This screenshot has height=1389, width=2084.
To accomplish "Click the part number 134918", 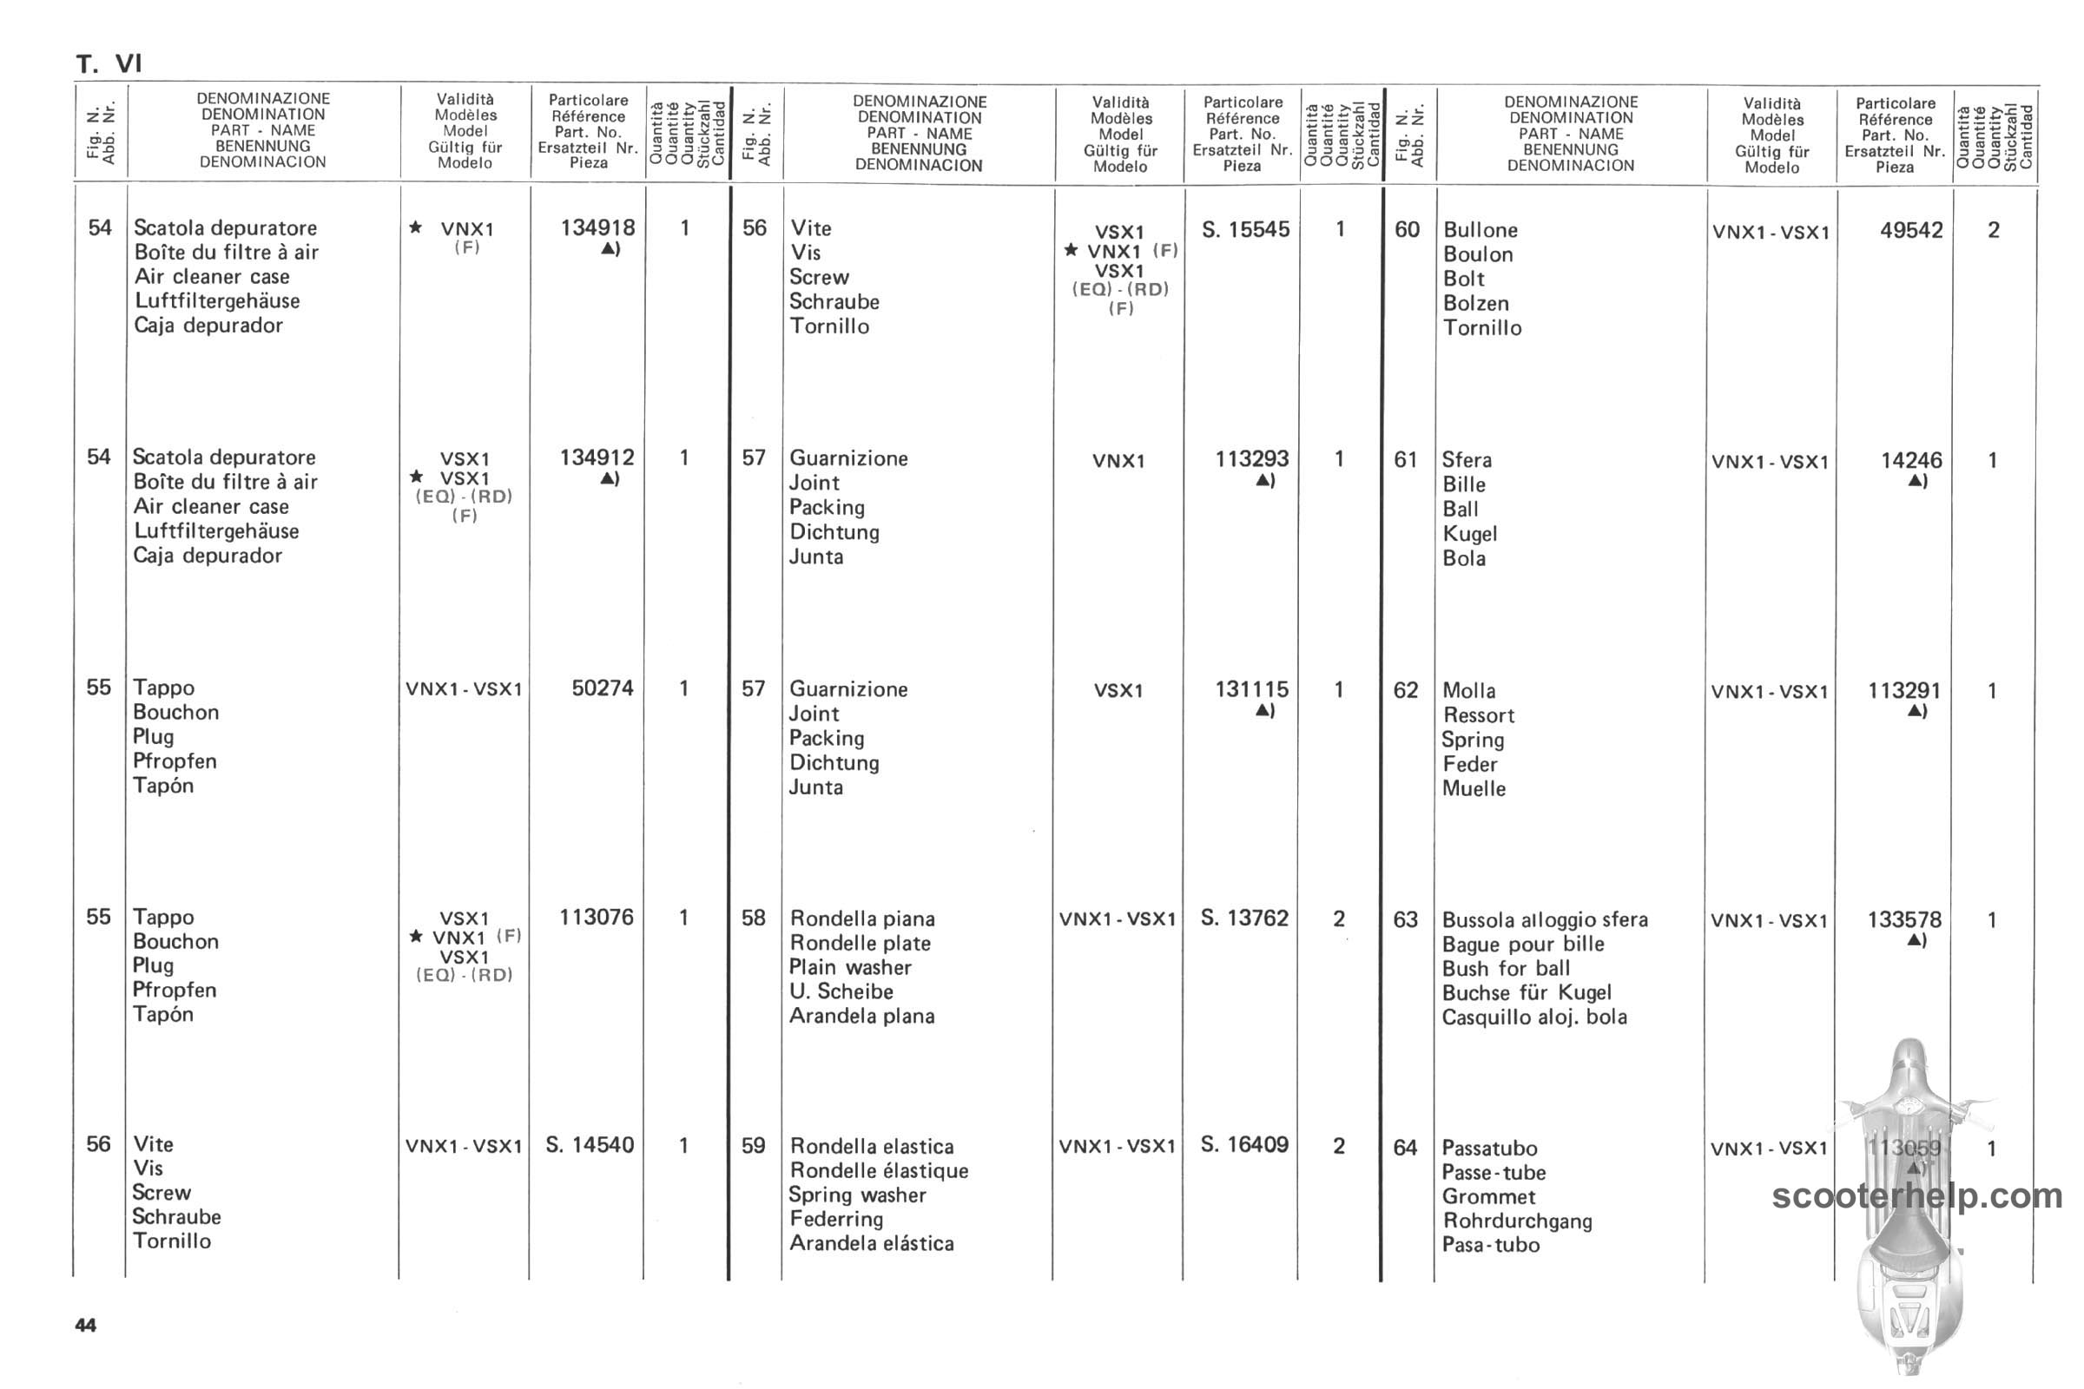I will (597, 227).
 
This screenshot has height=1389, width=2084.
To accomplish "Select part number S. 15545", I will (1245, 229).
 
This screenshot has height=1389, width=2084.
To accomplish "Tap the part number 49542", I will (1911, 230).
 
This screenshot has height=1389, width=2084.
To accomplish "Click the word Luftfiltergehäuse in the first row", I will (217, 301).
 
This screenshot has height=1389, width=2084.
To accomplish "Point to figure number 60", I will (1407, 229).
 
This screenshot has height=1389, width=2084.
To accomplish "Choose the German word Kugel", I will (1470, 534).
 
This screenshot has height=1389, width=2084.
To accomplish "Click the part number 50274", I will (603, 688).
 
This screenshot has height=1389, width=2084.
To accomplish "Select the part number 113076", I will (597, 917).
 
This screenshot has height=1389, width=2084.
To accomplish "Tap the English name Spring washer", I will (857, 1195).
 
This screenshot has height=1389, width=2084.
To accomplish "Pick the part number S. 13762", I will (1244, 918).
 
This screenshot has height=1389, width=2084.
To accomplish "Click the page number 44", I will (86, 1326).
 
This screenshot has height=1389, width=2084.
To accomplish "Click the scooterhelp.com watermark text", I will (1917, 1197).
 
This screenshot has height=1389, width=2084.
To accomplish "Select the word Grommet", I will (1488, 1197).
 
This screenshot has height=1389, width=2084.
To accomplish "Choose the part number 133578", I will (1904, 920).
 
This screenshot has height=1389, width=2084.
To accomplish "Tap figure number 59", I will (753, 1145).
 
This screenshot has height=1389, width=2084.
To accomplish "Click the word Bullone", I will (1480, 230).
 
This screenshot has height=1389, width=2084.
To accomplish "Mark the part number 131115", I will (1251, 689).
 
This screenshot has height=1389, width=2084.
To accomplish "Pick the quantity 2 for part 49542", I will (1993, 230).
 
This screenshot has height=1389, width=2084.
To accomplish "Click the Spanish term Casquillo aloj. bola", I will (1533, 1017).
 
